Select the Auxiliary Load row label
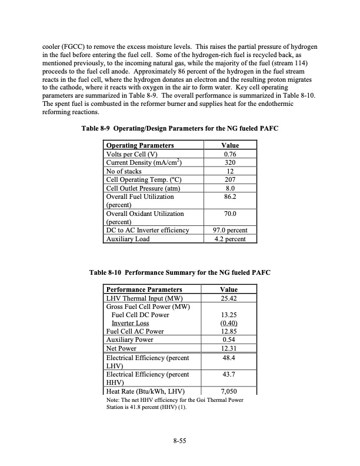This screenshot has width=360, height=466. [x=127, y=239]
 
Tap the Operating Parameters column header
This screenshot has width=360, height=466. [x=139, y=145]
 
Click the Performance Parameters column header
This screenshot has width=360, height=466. [x=144, y=289]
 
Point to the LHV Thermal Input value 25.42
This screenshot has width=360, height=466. [x=228, y=298]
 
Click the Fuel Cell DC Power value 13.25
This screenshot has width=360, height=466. [x=228, y=315]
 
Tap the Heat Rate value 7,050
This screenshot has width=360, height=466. [x=228, y=391]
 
